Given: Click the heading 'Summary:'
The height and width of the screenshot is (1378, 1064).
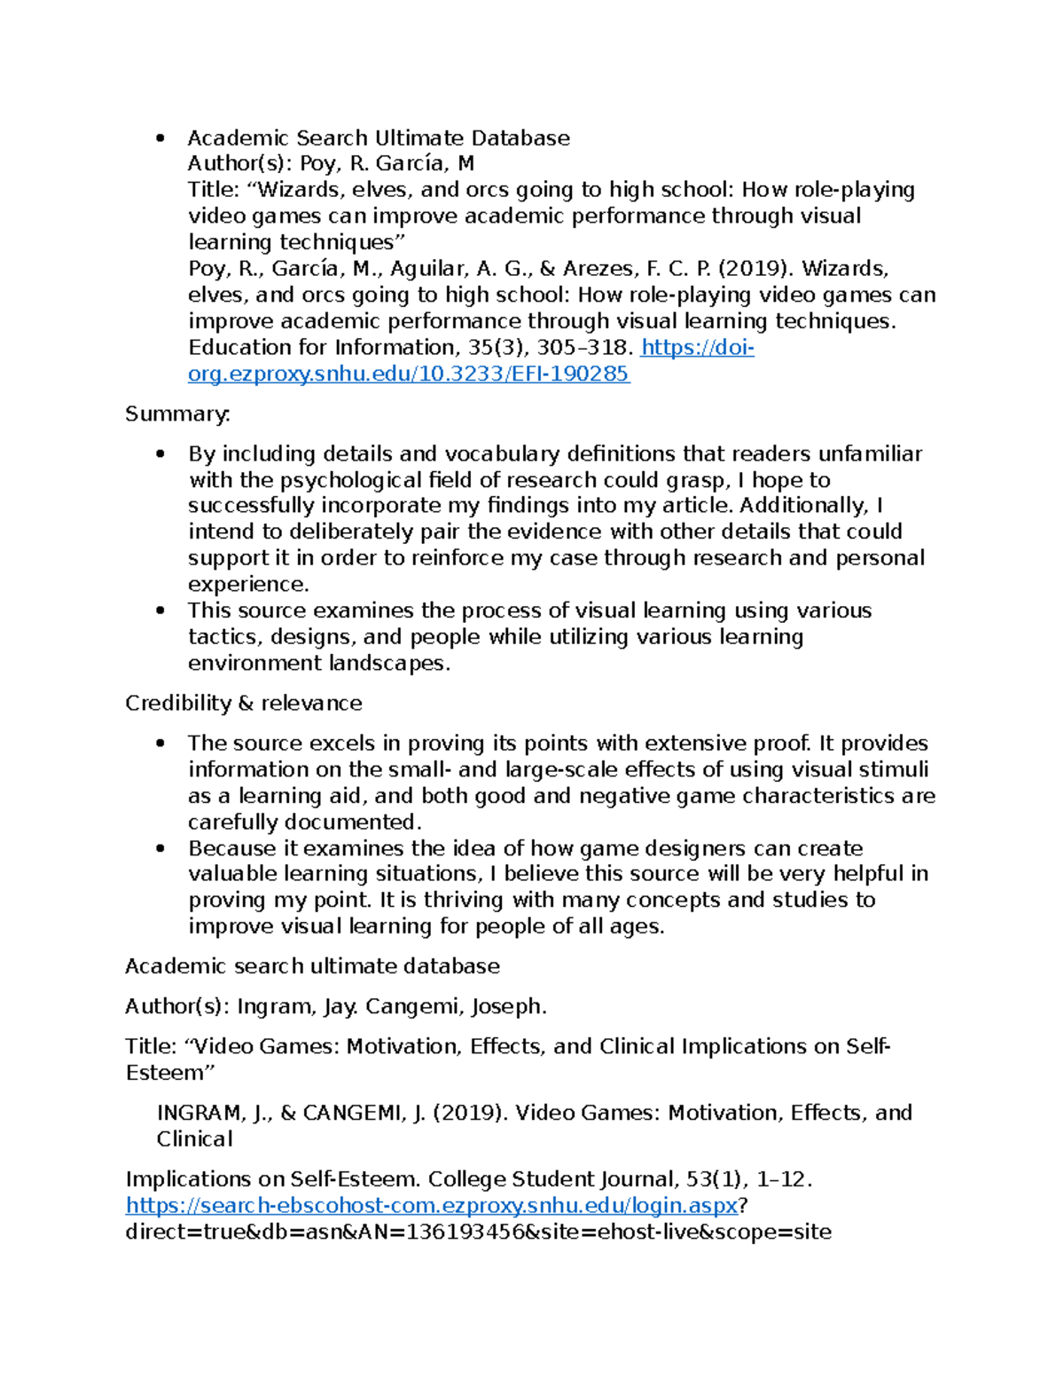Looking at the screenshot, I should pos(177,414).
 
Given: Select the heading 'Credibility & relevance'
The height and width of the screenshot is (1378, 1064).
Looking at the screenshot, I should pos(243,704).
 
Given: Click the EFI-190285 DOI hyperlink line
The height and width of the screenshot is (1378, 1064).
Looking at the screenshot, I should pos(408,374).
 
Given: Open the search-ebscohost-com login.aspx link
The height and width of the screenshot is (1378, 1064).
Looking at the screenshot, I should pos(431,1206).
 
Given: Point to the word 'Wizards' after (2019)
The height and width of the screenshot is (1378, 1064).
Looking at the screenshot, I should pos(842,269).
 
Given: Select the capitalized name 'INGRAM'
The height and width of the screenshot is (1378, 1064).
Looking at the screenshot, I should pos(199,1114).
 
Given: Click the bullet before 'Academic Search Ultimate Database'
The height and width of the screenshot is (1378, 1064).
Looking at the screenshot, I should pos(160,138).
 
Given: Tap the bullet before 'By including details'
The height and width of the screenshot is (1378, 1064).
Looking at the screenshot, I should pos(160,454).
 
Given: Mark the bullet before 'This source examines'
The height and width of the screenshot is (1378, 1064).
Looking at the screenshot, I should pos(160,611).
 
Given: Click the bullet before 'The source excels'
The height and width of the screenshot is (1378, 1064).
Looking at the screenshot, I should pos(160,744).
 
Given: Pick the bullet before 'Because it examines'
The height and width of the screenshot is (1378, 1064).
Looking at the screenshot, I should pos(160,849).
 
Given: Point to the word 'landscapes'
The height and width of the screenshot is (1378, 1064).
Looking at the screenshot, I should pos(387,664).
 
